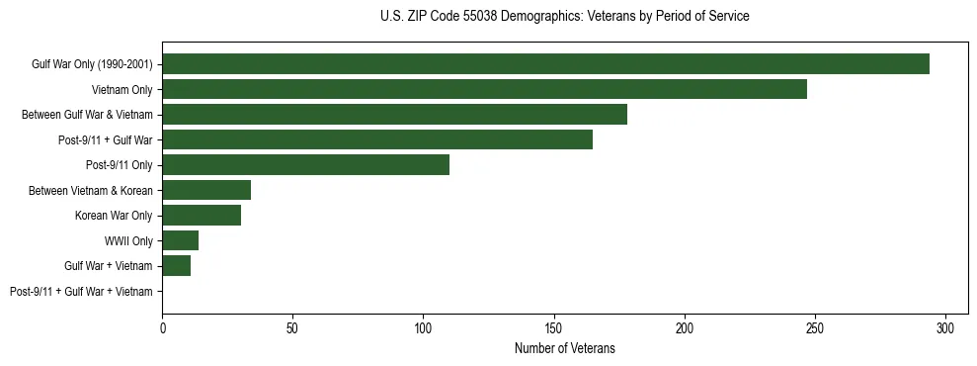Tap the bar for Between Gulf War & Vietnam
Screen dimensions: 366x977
click(x=394, y=115)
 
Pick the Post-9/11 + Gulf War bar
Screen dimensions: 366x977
click(x=377, y=139)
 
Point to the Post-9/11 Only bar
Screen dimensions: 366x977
click(x=305, y=165)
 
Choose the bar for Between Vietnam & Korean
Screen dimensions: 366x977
click(x=206, y=190)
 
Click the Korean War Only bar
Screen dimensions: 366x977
click(x=202, y=216)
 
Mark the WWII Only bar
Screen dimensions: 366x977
click(x=180, y=240)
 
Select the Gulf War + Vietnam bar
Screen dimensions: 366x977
click(x=176, y=266)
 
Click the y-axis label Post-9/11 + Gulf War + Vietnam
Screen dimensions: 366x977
click(x=81, y=292)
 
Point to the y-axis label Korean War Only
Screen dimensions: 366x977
click(x=114, y=216)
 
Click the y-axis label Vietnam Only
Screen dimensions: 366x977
click(x=122, y=90)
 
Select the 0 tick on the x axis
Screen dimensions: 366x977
click(x=162, y=326)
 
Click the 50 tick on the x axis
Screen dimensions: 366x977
click(x=292, y=326)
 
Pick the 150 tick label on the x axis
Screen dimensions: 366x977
click(x=554, y=326)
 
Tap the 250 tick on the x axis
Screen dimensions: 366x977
click(x=815, y=326)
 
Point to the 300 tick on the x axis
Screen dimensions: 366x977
click(x=945, y=326)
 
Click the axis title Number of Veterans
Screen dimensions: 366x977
click(x=564, y=348)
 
